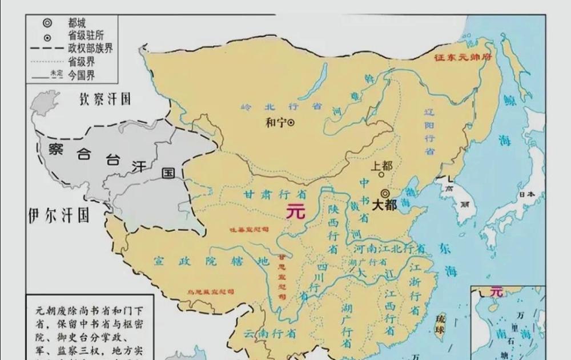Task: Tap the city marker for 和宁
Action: point(291,122)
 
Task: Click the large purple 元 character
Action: point(296,210)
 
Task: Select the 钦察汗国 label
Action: point(105,99)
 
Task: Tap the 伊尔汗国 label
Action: point(59,216)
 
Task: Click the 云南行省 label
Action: point(269,333)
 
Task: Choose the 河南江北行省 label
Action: point(390,249)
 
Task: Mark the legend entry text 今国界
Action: point(81,74)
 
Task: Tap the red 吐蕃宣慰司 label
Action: point(248,229)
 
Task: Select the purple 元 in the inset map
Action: point(497,291)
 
